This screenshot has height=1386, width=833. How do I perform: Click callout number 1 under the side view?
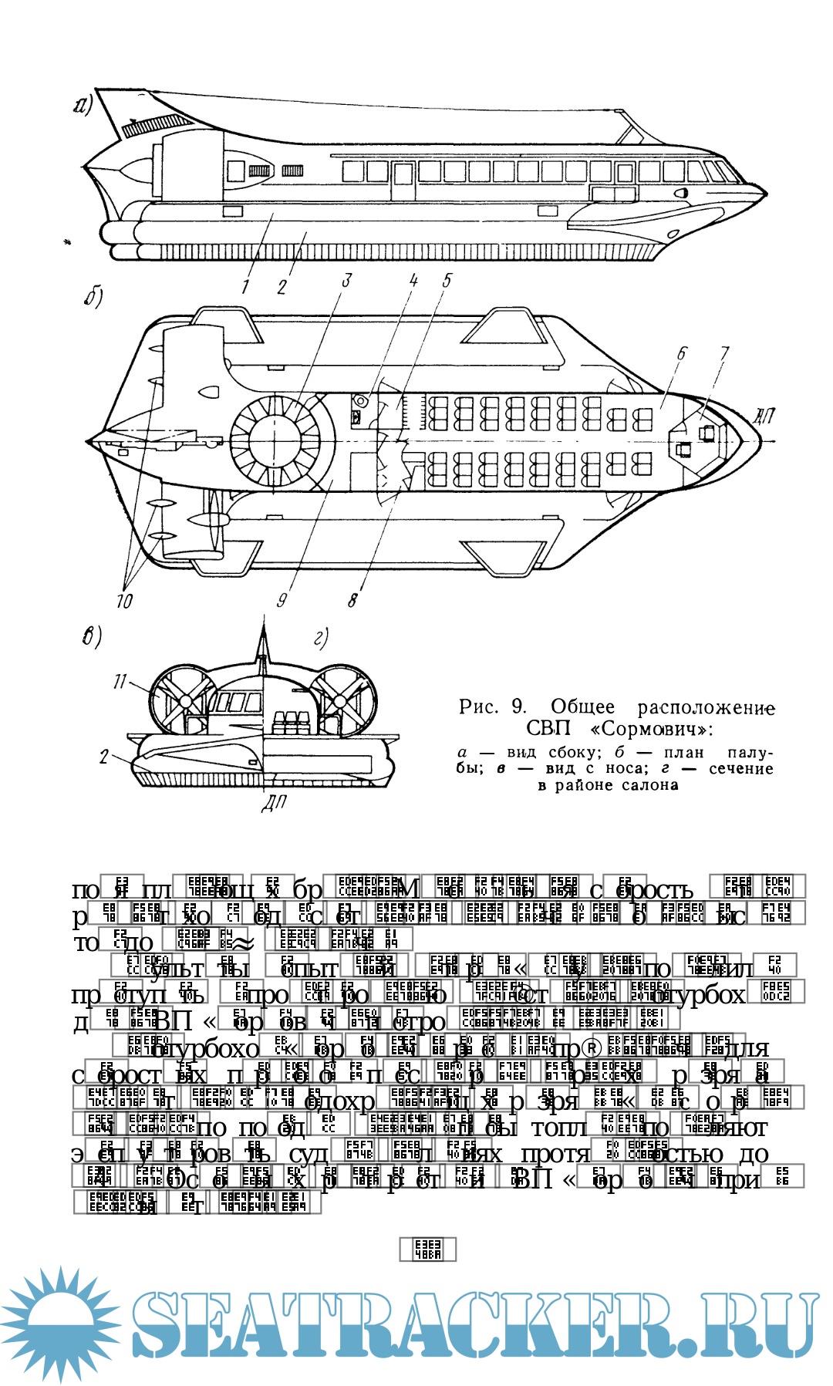(246, 287)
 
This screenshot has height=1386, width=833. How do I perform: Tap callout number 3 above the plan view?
(346, 280)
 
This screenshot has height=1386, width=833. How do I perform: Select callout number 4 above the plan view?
(413, 280)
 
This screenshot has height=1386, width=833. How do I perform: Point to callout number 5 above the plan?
(447, 280)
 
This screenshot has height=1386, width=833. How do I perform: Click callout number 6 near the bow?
(682, 353)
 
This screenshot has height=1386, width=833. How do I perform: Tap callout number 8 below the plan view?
(353, 599)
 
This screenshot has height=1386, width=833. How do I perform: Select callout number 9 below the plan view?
(282, 599)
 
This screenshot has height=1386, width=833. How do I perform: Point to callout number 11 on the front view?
(120, 682)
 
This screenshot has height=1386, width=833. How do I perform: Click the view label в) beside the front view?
(92, 638)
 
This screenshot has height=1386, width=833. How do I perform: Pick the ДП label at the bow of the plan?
(763, 417)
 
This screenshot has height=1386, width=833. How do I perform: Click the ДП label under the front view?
(273, 803)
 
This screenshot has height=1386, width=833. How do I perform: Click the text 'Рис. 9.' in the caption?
(494, 706)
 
